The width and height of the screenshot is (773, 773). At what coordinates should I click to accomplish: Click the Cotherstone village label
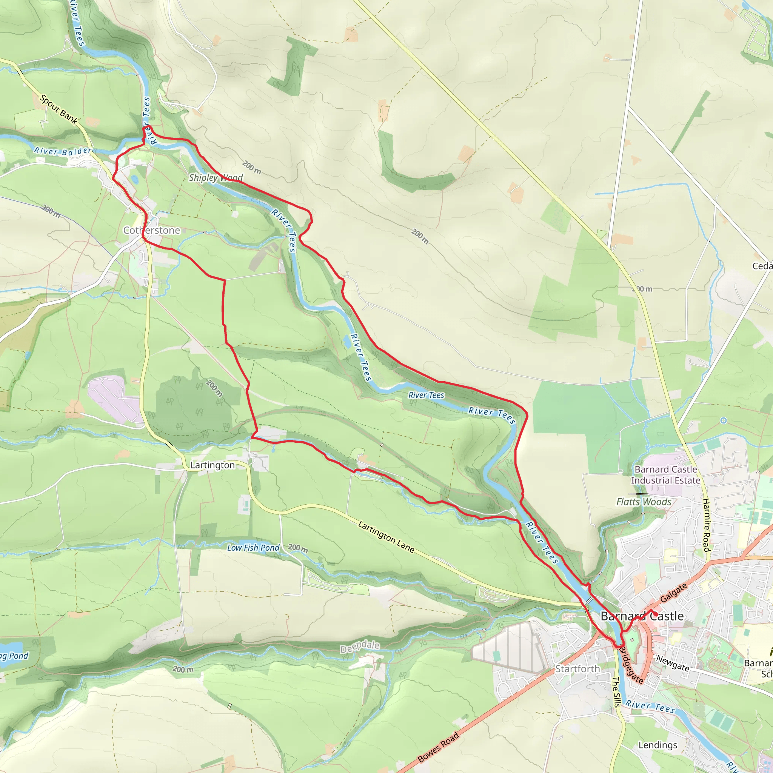pos(152,231)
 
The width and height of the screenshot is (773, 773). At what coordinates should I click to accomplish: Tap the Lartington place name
pos(212,465)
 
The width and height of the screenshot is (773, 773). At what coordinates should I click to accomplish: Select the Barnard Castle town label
pos(642,616)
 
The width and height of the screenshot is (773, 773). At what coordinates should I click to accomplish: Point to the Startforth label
pos(577,668)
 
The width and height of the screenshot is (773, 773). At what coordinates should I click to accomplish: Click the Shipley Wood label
pos(216,178)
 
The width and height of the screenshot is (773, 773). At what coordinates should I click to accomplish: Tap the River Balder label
pos(63,151)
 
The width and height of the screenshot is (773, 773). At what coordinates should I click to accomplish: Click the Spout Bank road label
pos(59,109)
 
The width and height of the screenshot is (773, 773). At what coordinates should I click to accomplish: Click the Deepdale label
pos(360,647)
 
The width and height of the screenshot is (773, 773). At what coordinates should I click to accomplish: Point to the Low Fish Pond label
pos(253,548)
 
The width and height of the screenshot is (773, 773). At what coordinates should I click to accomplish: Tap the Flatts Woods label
pos(644,502)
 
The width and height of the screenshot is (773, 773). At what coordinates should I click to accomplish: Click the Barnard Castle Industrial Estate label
pos(665,475)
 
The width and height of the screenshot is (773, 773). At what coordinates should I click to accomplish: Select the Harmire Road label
pos(706,525)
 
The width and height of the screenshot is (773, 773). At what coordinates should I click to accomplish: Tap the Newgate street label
pos(673,664)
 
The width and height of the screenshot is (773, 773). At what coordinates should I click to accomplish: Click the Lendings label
pos(658,745)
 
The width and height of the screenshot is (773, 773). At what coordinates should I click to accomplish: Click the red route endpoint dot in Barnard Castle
pos(655,614)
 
